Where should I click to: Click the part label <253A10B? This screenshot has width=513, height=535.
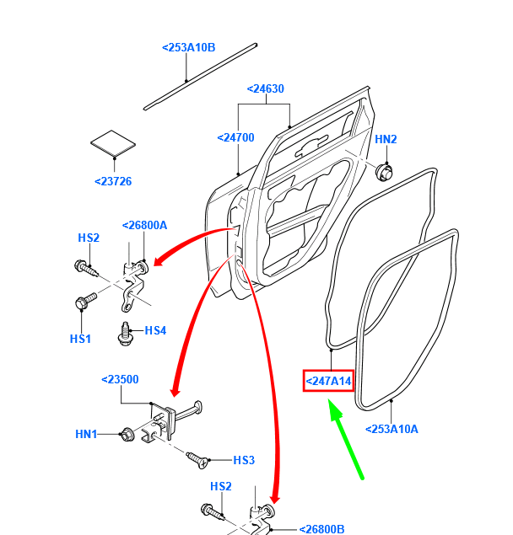click(188, 48)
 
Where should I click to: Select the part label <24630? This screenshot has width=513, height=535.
click(265, 88)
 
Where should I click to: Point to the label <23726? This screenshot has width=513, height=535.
click(113, 181)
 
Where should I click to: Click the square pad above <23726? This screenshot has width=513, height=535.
click(113, 142)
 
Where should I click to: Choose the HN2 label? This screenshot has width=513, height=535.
click(386, 140)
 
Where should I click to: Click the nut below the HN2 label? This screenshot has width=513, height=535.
click(384, 172)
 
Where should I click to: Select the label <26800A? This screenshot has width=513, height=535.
click(144, 225)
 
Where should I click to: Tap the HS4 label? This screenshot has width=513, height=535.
click(155, 330)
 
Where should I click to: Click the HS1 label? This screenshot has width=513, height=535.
click(80, 338)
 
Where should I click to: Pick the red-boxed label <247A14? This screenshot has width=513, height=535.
click(328, 382)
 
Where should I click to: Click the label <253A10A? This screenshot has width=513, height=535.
click(391, 429)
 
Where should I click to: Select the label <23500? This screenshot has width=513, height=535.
click(119, 380)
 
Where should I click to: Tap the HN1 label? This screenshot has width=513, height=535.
click(87, 434)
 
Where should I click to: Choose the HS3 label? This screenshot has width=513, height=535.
click(244, 460)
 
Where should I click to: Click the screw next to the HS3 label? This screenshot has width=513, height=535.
click(198, 457)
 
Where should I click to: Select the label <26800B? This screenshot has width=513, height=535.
click(321, 530)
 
